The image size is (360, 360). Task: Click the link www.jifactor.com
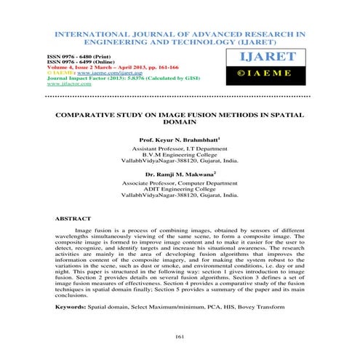coord(72,84)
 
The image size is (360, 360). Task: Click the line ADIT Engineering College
coord(180,188)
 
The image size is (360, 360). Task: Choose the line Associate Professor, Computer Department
coord(180,181)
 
